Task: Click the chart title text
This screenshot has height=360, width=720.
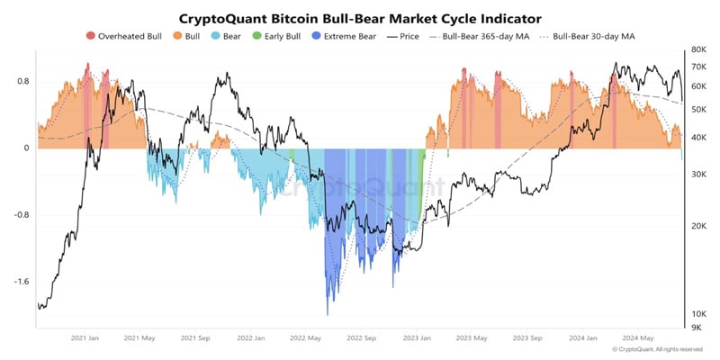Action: [360, 17]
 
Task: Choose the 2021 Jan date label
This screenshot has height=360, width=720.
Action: [84, 339]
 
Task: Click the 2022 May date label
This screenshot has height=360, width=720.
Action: [306, 339]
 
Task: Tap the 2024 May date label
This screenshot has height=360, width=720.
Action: [638, 339]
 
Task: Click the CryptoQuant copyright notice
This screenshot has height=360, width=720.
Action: [657, 349]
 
